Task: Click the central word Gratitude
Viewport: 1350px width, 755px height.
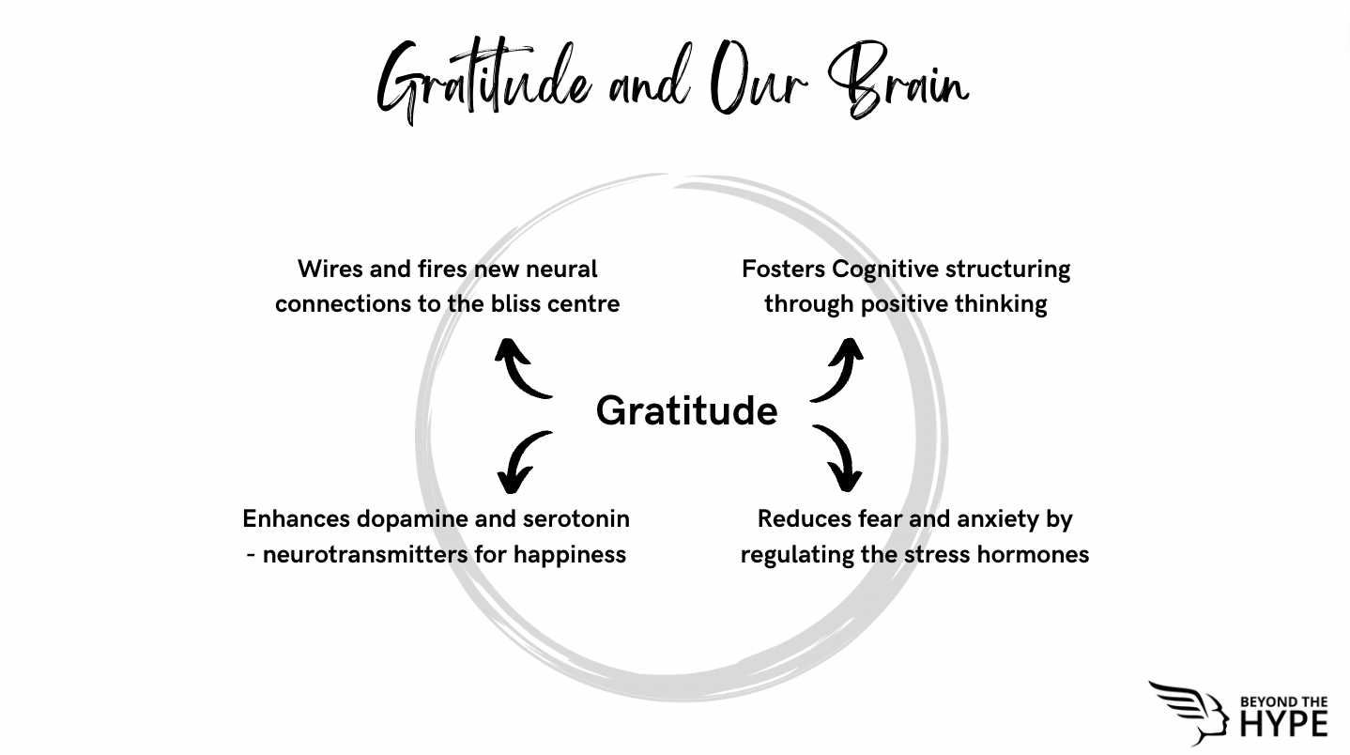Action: tap(686, 412)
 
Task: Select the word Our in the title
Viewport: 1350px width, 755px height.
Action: tap(759, 78)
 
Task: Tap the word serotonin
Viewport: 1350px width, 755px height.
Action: tap(576, 518)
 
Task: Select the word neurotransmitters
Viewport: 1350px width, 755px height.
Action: tap(365, 555)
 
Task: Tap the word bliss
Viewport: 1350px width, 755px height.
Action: tap(515, 304)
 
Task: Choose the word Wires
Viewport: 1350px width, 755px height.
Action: tap(330, 270)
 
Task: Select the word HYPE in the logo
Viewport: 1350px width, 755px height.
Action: tap(1283, 724)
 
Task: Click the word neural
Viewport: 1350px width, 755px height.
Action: tap(561, 270)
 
